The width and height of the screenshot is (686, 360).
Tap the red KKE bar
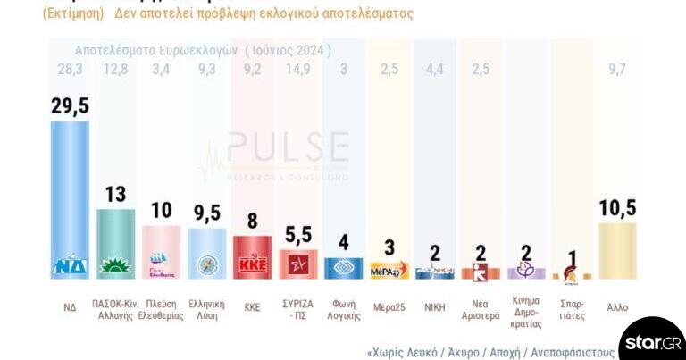[x=252, y=256]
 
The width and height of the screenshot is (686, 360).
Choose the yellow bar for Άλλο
[x=617, y=250]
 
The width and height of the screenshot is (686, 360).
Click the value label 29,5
[x=70, y=106]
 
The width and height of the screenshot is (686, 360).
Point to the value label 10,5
[x=617, y=208]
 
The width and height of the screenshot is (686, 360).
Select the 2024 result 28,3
[x=70, y=70]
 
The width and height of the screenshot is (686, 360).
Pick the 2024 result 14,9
[x=297, y=70]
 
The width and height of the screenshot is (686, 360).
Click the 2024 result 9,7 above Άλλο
[x=617, y=70]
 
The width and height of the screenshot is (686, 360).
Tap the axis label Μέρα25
[x=389, y=306]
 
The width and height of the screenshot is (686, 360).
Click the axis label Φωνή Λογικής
[x=343, y=309]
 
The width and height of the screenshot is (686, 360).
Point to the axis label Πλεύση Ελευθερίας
[x=162, y=309]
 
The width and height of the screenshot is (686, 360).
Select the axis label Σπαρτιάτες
[x=571, y=309]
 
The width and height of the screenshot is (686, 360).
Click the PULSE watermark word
[x=288, y=148]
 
